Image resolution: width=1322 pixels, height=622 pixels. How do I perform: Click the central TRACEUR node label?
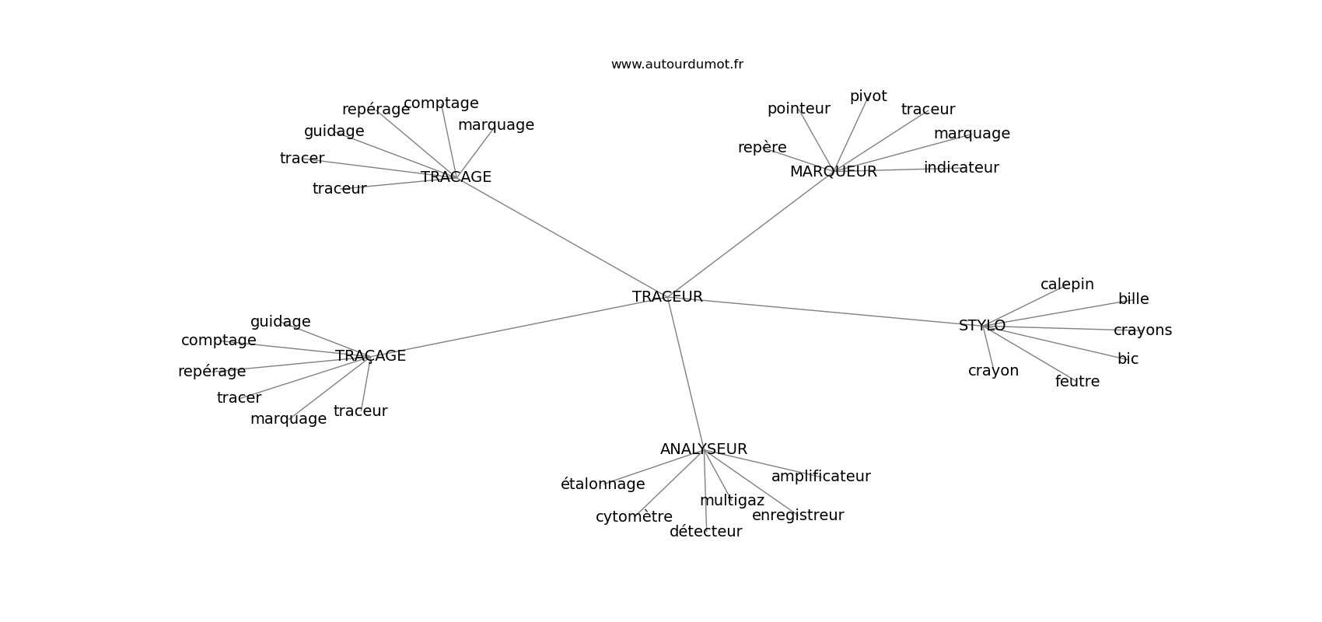point(667,297)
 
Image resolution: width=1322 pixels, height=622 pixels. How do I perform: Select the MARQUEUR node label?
point(833,172)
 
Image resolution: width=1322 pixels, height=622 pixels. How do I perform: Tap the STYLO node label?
point(981,326)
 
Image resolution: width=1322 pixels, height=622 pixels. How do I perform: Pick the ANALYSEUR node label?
point(703,449)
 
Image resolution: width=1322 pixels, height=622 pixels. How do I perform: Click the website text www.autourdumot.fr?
point(677,65)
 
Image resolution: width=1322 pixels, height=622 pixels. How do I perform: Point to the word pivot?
point(868,96)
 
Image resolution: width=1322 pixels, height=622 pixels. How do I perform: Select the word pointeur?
point(799,109)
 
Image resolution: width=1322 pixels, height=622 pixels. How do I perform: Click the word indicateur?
point(961,168)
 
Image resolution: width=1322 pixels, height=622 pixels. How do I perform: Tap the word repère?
point(762,148)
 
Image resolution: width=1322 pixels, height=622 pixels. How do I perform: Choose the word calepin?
point(1067,285)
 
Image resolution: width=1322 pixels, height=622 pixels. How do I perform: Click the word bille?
point(1133,299)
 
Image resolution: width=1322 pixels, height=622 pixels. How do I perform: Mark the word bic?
point(1128,359)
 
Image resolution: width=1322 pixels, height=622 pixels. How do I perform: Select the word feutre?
point(1077,382)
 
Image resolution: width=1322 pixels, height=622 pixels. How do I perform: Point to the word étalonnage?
point(603,484)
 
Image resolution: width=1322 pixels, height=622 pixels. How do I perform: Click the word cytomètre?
point(634,517)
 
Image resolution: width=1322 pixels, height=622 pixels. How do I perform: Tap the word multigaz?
point(732,501)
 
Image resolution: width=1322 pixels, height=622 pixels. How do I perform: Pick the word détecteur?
point(705,532)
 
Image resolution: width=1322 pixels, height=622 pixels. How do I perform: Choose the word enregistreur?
point(797,515)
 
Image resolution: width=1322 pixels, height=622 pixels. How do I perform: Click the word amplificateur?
point(820,477)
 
